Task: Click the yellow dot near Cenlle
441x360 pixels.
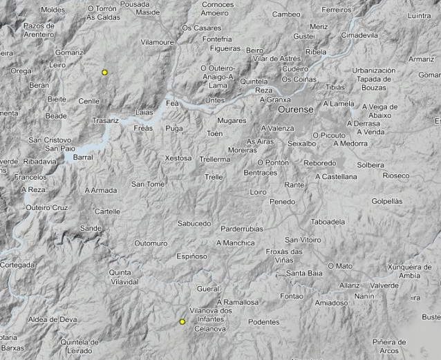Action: tap(104, 72)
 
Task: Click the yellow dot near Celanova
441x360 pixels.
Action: tap(182, 322)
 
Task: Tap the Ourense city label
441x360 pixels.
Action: tap(296, 110)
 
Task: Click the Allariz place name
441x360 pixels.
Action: tap(350, 285)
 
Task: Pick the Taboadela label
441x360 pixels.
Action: tap(328, 222)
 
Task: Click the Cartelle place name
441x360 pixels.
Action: tap(107, 211)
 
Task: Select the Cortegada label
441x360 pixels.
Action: tap(17, 265)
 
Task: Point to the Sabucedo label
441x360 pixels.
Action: tap(194, 223)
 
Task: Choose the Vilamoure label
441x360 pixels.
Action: tap(158, 42)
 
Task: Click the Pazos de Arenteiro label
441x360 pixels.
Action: tap(38, 30)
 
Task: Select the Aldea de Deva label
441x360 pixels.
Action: tap(53, 319)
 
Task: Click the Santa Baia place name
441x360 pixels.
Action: tap(306, 274)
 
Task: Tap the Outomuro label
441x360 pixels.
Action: tap(151, 243)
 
